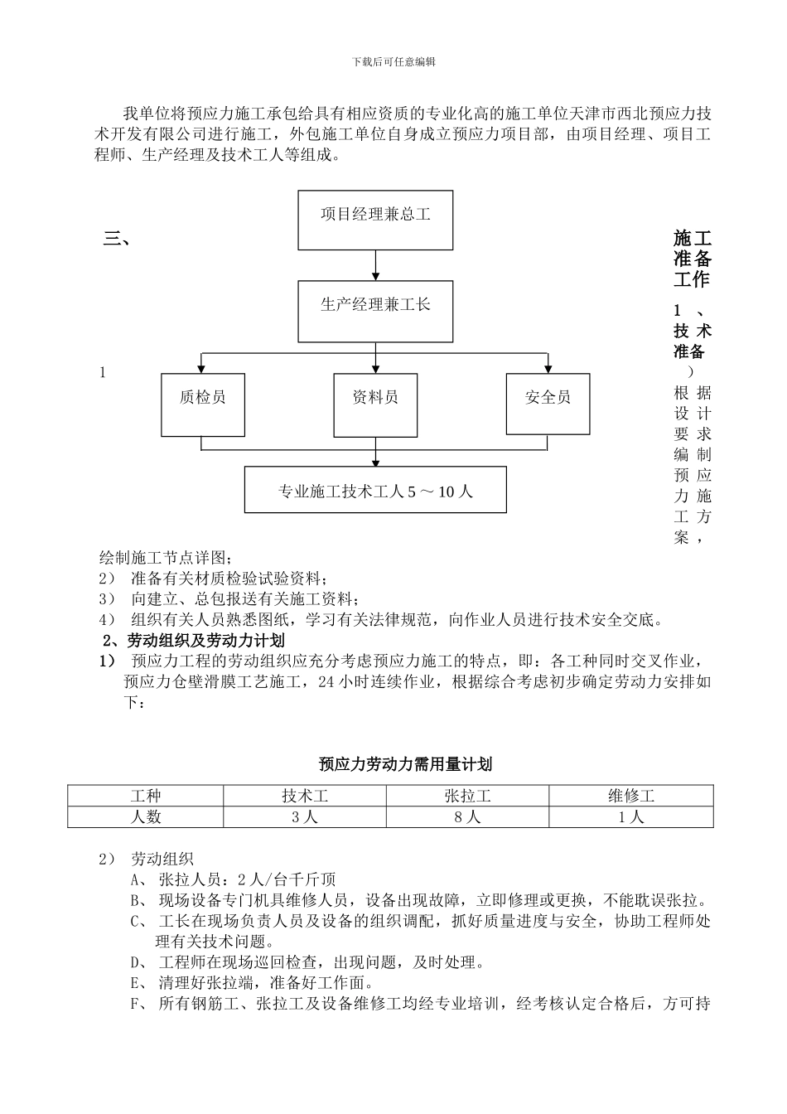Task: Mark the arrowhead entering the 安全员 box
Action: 548,368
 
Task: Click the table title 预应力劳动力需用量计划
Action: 405,763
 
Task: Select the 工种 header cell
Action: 145,797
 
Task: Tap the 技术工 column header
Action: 305,797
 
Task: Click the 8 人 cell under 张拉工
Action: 467,817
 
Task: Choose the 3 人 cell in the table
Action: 305,817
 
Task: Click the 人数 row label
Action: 145,817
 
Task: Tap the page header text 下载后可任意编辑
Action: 393,61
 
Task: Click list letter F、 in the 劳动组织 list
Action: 138,1005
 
